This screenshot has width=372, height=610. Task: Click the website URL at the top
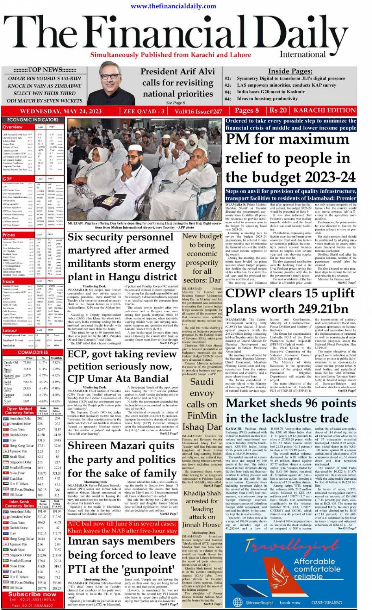click(173, 6)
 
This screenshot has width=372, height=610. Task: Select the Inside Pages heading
click(290, 71)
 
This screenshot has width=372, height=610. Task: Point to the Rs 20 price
click(278, 111)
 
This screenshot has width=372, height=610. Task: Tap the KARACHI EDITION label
click(325, 111)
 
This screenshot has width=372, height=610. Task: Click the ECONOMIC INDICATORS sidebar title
click(33, 120)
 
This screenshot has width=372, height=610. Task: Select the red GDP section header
click(8, 179)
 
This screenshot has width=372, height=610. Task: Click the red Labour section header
click(10, 330)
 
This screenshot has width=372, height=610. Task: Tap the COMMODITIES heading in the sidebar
click(33, 352)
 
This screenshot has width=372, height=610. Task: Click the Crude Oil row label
click(11, 362)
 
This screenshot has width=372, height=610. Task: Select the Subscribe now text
click(32, 594)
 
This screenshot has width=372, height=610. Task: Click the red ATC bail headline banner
click(122, 527)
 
